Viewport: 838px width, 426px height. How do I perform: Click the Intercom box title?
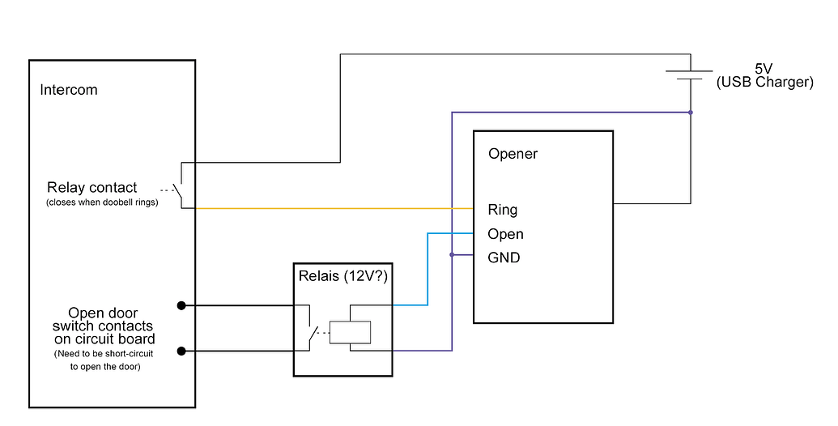[69, 90]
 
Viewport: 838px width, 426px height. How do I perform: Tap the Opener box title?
[513, 154]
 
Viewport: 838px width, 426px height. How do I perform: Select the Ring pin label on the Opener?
[502, 210]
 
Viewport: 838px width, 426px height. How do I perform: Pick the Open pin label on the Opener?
[505, 234]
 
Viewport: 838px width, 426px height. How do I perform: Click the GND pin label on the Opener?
[504, 258]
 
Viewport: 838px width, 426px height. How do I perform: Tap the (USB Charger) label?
[764, 83]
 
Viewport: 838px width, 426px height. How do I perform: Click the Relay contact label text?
[91, 187]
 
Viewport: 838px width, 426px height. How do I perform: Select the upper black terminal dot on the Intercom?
[181, 305]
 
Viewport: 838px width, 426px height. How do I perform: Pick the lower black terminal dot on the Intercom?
[181, 351]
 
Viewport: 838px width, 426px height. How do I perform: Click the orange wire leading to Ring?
[324, 209]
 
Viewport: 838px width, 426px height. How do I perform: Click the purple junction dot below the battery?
[690, 112]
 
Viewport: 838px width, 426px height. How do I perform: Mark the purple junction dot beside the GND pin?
[452, 254]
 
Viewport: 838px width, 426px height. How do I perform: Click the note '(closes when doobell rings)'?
[101, 202]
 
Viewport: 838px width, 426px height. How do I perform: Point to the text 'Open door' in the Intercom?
[103, 313]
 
